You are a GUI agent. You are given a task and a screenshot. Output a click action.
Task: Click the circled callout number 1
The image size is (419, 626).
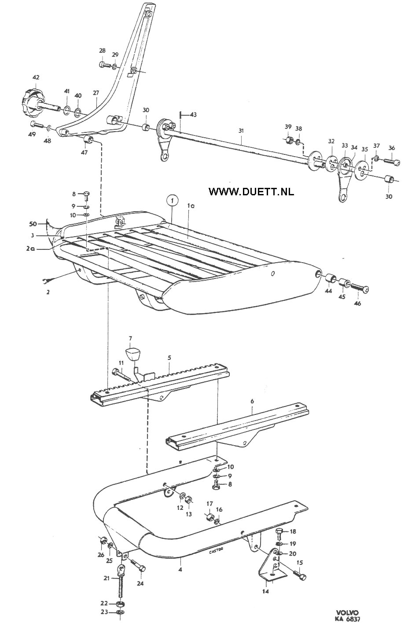[173, 200]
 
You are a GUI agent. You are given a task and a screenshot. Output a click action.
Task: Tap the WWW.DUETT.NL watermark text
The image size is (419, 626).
[251, 191]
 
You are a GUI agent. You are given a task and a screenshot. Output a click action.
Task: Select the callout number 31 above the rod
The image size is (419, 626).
[241, 131]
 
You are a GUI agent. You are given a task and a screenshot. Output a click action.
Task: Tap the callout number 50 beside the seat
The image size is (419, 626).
[33, 223]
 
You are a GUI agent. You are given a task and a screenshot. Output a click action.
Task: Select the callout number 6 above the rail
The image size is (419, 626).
[252, 401]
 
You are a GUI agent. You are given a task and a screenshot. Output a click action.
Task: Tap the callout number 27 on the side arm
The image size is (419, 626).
[96, 93]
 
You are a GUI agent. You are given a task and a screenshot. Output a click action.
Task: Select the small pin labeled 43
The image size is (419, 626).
[180, 115]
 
